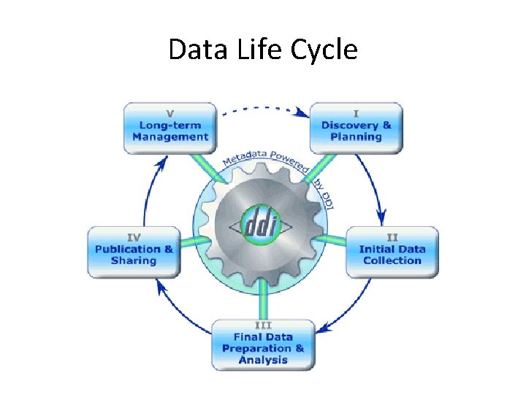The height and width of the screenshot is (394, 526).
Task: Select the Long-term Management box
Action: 170,129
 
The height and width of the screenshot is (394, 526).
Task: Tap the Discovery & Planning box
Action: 356,129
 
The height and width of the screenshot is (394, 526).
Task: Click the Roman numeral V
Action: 170,114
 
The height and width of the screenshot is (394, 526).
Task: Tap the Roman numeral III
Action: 263,325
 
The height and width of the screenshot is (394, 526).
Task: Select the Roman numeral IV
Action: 134,237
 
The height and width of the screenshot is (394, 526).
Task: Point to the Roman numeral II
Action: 392,237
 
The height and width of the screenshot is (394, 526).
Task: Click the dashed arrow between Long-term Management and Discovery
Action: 264,109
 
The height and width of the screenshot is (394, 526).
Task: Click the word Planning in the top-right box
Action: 356,136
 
